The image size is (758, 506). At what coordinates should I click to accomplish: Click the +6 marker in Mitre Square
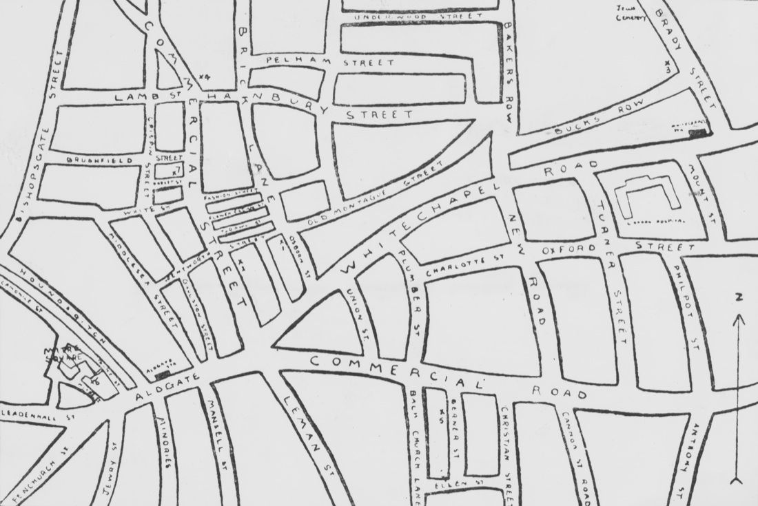(95, 379)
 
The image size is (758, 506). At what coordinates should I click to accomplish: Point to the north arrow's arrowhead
(738, 320)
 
